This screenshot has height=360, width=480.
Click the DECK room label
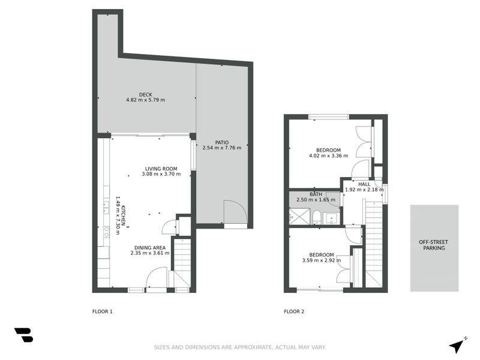click(x=145, y=94)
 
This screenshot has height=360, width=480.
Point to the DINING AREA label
click(x=149, y=247)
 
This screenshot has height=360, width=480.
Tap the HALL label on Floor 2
click(x=364, y=184)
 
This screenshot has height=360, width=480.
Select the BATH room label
click(x=316, y=194)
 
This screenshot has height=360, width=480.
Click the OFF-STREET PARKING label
click(x=434, y=245)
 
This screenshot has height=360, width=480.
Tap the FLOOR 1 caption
click(x=102, y=311)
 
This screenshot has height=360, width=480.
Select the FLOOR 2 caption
click(x=294, y=311)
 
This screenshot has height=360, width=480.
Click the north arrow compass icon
click(x=457, y=345)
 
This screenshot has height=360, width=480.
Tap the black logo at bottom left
click(x=23, y=335)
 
